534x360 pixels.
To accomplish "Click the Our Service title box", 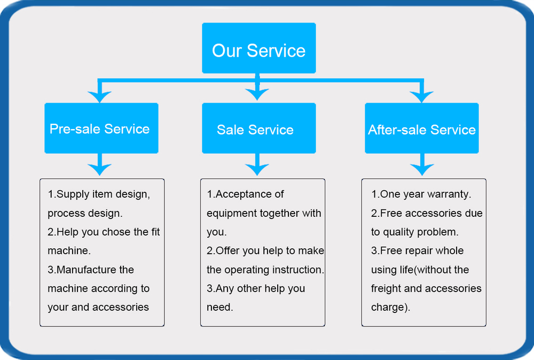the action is [259, 48].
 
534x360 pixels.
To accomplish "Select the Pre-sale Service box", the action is [101, 128].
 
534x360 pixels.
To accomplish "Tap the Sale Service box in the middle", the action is [259, 128].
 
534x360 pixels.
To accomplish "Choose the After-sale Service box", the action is [422, 128].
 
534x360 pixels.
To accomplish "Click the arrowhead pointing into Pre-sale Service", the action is [99, 96].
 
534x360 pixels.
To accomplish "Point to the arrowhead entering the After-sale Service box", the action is [422, 96].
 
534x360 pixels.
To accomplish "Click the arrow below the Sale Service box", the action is [257, 165].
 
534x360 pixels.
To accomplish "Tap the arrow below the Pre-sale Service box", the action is [99, 165].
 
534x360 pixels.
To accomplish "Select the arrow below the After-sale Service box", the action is [422, 165].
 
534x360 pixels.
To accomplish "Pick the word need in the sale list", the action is [218, 308].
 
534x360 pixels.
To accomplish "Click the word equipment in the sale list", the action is [232, 214].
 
